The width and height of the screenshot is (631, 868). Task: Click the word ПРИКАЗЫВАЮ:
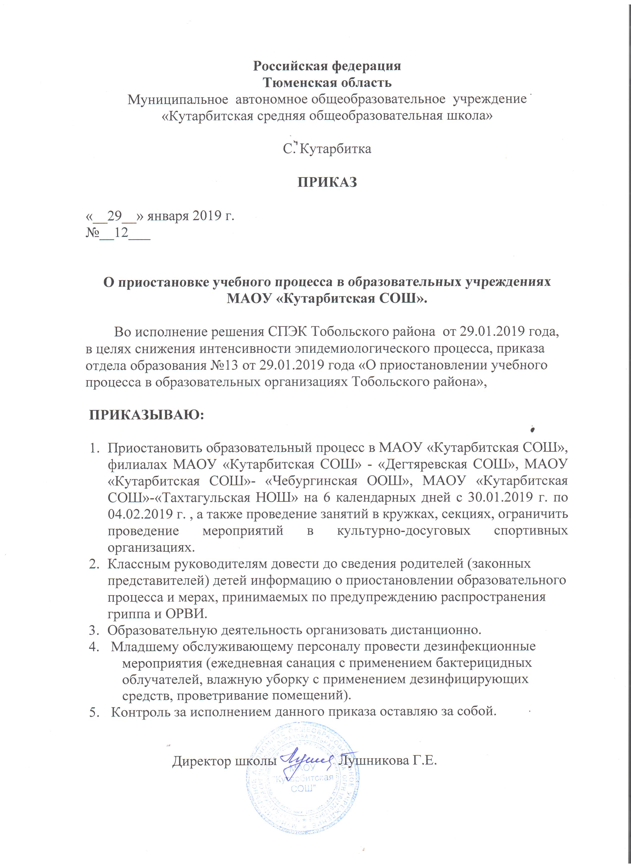pos(146,415)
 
